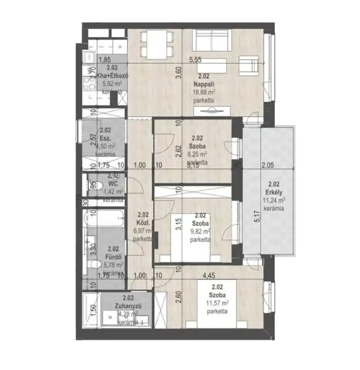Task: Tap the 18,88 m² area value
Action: point(205,93)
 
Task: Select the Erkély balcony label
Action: point(274,192)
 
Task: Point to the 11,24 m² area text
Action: point(274,201)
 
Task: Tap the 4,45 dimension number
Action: point(209,276)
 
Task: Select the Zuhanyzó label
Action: point(128,305)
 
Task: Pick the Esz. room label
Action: point(105,137)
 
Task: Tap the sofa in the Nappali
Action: point(212,41)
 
